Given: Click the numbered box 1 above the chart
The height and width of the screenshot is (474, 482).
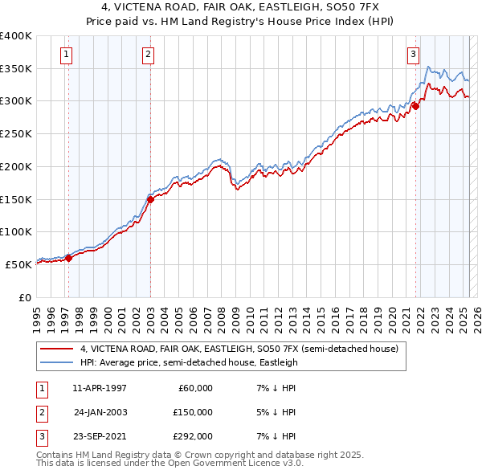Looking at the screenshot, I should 64,55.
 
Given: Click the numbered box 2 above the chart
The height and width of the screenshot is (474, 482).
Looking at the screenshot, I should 149,55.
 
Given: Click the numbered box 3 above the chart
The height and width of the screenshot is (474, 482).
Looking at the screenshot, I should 413,55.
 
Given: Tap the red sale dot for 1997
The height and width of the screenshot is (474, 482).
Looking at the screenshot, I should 68,258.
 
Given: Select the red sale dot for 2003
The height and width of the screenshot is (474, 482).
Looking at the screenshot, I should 150,198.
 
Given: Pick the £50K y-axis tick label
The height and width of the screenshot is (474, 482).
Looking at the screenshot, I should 19,264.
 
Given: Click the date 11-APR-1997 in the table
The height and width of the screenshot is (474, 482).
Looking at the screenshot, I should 100,388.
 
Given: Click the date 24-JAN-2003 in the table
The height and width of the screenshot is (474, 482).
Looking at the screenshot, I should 100,412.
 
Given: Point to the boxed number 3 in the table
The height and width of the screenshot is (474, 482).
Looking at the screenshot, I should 41,436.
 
